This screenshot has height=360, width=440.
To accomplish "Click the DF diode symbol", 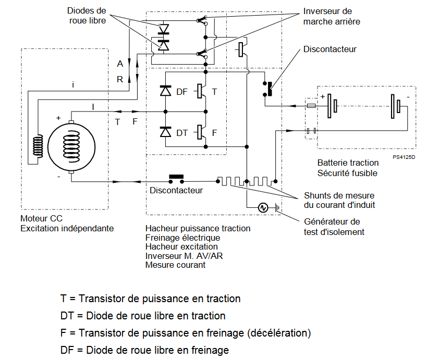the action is click(x=166, y=91).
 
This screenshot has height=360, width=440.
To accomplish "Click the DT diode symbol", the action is click(x=166, y=132).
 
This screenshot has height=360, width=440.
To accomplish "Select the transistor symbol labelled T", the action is click(x=201, y=91).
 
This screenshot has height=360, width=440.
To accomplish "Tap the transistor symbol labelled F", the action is click(x=201, y=132).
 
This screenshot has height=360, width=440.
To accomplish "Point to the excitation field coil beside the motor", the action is click(x=38, y=146).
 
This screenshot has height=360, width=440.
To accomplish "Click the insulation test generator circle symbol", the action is click(x=263, y=208).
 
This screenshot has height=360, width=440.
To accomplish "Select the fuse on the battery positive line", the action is click(x=311, y=106).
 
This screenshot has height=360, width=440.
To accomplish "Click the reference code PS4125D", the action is click(x=404, y=157).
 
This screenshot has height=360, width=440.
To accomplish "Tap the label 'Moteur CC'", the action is click(x=42, y=218).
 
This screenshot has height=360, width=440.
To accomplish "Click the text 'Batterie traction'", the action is click(x=348, y=163).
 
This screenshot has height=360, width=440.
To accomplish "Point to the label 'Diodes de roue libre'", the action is click(x=87, y=16).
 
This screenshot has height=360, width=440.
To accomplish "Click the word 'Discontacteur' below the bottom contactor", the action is click(x=176, y=190).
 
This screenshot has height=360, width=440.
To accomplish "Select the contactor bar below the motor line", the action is click(x=176, y=177).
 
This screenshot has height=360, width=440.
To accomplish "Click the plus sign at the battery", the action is click(x=323, y=97).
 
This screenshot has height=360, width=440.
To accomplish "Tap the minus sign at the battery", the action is click(x=408, y=97).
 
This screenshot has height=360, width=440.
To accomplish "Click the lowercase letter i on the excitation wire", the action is click(x=73, y=84).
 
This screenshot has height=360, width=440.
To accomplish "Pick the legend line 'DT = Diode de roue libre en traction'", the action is click(x=143, y=316).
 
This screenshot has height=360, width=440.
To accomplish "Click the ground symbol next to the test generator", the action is click(x=278, y=208).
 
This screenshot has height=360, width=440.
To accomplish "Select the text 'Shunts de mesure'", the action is click(x=339, y=195).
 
